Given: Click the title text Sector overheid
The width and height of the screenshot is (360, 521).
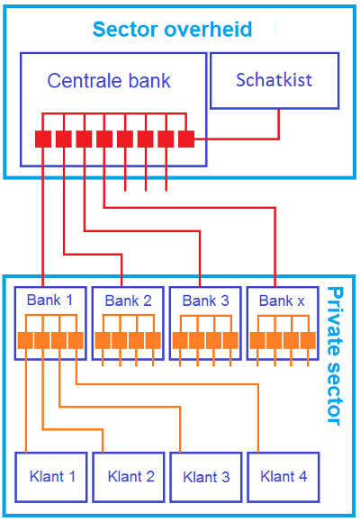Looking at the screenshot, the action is point(172,29).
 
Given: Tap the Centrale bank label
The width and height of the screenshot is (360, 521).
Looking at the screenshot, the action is point(109,81).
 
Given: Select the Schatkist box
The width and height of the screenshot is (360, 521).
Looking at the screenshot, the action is point(274,81).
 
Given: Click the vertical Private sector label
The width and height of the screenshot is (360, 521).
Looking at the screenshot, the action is point(334,356).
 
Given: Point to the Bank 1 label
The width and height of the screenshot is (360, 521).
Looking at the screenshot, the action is point(49,300).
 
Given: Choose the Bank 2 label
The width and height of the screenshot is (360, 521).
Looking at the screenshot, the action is point(129,301).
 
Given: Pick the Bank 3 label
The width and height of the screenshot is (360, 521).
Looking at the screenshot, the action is point(206,301).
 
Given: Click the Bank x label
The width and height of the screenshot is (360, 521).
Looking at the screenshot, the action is point(282,301).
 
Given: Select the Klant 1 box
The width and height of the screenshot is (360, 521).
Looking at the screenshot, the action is point(51,477).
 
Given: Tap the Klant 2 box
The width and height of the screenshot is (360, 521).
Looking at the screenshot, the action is point(129,477).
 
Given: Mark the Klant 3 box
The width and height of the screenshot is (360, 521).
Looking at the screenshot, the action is point(206,477).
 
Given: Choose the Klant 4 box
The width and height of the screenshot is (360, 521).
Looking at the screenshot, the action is point(283,477).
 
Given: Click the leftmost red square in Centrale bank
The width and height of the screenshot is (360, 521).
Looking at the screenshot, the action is point(43,139).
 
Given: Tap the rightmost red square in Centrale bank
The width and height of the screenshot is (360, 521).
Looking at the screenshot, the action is point(186,139).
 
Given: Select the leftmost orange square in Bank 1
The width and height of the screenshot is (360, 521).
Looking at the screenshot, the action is point(25,340).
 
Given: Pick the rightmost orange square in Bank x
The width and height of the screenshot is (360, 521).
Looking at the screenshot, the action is point(308,340).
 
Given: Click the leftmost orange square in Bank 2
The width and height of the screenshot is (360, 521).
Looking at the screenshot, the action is point(103,340).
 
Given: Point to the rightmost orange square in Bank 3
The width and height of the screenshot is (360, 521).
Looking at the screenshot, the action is point(230,340).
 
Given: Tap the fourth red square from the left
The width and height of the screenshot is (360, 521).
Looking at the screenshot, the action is point(104,139).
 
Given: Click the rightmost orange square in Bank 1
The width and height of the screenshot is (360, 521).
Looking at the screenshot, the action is point(76,340).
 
